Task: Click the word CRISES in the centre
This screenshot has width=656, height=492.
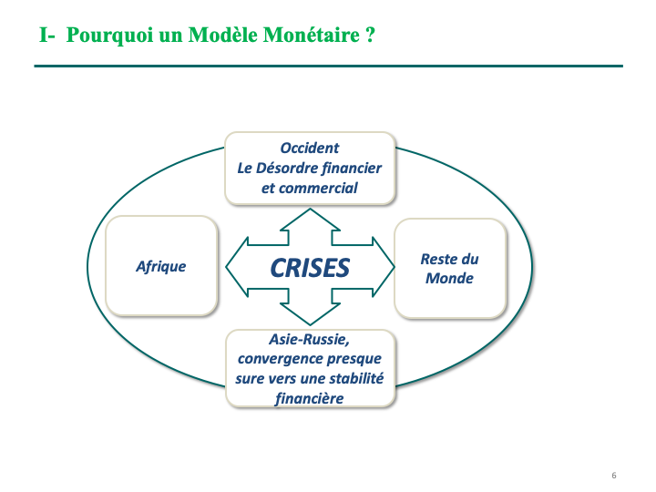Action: point(310,268)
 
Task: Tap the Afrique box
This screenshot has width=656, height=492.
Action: point(161,266)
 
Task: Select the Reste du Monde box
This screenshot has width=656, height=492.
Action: point(450,268)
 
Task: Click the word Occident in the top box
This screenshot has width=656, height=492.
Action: point(310,149)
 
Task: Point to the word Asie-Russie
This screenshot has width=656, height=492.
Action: point(309,339)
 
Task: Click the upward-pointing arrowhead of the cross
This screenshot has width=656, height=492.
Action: point(310,220)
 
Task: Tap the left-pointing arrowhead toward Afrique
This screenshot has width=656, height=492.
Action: point(237,267)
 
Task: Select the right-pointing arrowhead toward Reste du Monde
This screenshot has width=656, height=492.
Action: point(384,267)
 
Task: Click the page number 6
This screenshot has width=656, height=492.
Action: point(614,476)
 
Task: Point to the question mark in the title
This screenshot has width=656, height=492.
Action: point(370,35)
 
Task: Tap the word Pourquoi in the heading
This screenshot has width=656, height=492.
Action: point(109,36)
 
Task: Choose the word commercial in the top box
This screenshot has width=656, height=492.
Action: point(318,189)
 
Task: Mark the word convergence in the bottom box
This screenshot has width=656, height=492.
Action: point(280,359)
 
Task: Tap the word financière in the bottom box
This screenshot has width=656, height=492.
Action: point(310,399)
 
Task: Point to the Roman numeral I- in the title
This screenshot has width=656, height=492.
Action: point(46,35)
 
